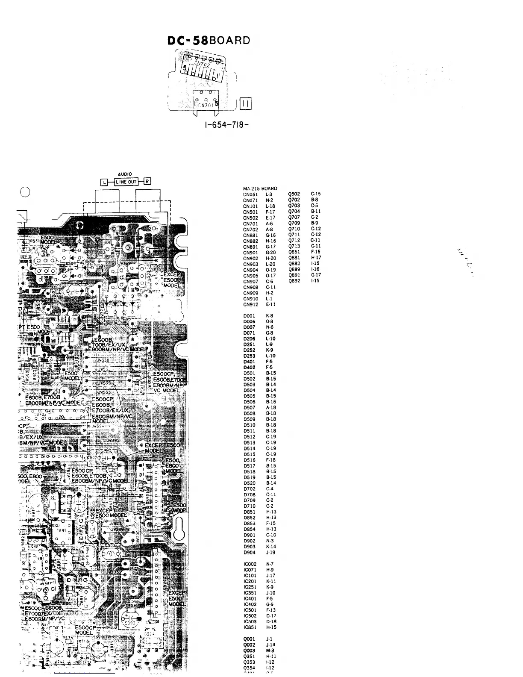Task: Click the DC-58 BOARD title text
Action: pos(209,41)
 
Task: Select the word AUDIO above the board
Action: pos(125,174)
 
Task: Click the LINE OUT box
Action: pos(126,182)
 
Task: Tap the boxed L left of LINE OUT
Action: pos(103,182)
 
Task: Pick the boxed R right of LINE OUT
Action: pos(147,182)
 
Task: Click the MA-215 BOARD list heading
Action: pos(260,188)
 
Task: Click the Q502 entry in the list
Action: pos(294,194)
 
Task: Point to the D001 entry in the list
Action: pos(249,316)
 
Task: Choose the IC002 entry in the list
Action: pos(250,564)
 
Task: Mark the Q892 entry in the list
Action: pos(294,281)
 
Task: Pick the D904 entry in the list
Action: pos(249,552)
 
